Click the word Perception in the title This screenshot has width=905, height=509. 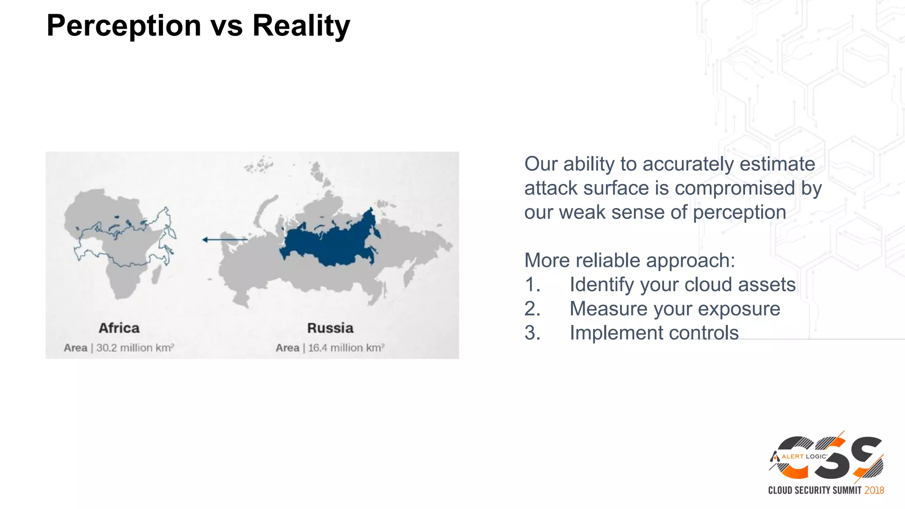tap(124, 26)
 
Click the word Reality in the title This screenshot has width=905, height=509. tap(301, 26)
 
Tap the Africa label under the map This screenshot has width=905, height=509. tap(119, 328)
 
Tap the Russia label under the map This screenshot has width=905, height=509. tap(330, 328)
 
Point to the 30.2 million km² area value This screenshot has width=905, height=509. tap(135, 348)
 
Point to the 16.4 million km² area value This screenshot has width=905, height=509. tap(346, 348)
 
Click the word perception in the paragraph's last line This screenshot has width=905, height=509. tap(739, 212)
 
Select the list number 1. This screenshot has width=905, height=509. tap(532, 285)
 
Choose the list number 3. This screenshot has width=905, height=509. tap(532, 333)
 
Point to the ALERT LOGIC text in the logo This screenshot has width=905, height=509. tap(804, 456)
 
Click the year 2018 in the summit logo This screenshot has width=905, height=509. tap(874, 490)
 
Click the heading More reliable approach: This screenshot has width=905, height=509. tap(629, 260)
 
